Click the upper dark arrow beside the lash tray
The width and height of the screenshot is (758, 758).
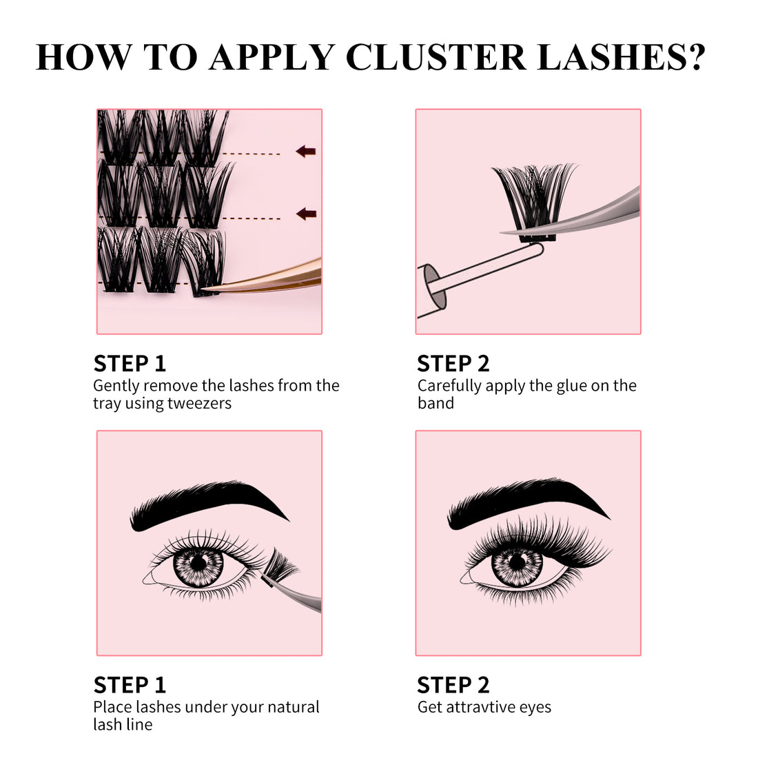[305, 151]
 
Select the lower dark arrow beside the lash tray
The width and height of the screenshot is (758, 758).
[305, 214]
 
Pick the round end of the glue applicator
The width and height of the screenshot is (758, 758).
[432, 287]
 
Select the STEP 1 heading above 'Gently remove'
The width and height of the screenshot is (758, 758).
[130, 364]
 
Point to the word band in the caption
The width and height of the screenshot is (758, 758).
[436, 403]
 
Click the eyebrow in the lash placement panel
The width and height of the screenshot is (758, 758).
[207, 506]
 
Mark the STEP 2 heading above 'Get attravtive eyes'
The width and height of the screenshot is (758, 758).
[453, 685]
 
